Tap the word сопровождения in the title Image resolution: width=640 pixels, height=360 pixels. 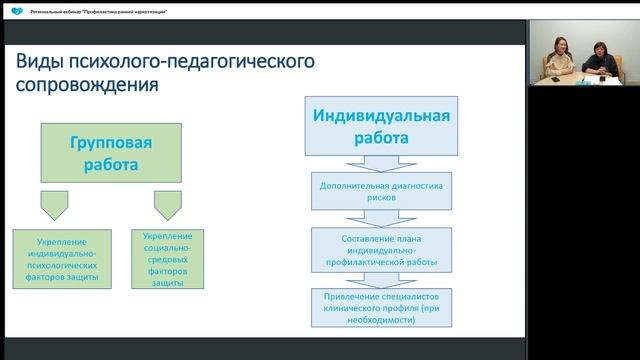pyautogui.click(x=87, y=85)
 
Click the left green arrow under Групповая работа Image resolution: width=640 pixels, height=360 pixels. pyautogui.click(x=55, y=205)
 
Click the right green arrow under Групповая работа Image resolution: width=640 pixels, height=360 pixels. pyautogui.click(x=167, y=205)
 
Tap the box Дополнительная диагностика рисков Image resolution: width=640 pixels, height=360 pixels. pyautogui.click(x=380, y=191)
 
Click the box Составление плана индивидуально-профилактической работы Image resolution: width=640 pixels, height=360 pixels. pyautogui.click(x=380, y=248)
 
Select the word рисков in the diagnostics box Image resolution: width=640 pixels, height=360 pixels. pyautogui.click(x=380, y=198)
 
